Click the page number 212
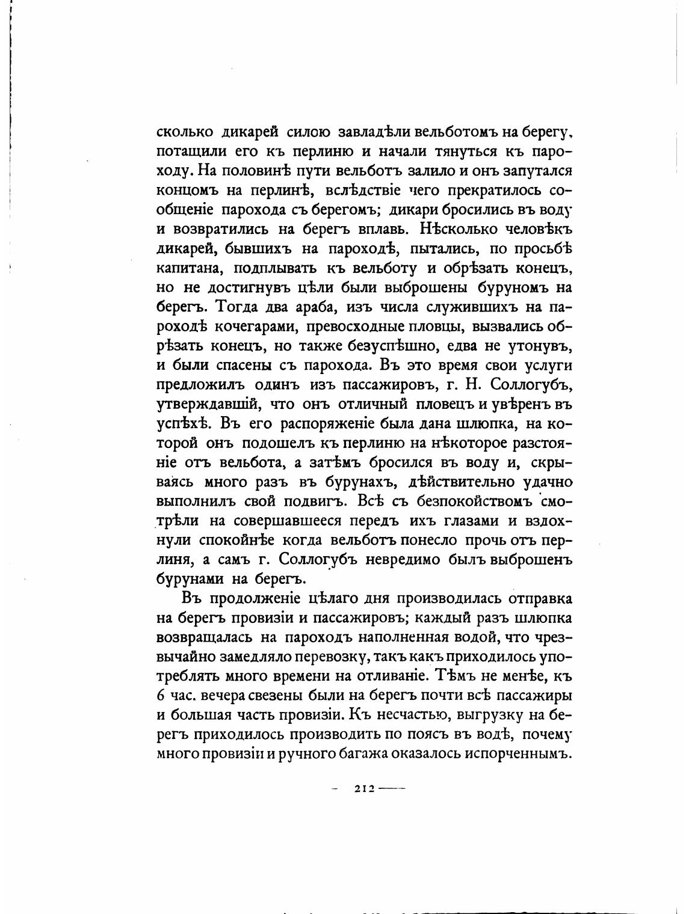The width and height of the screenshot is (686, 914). tap(365, 788)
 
